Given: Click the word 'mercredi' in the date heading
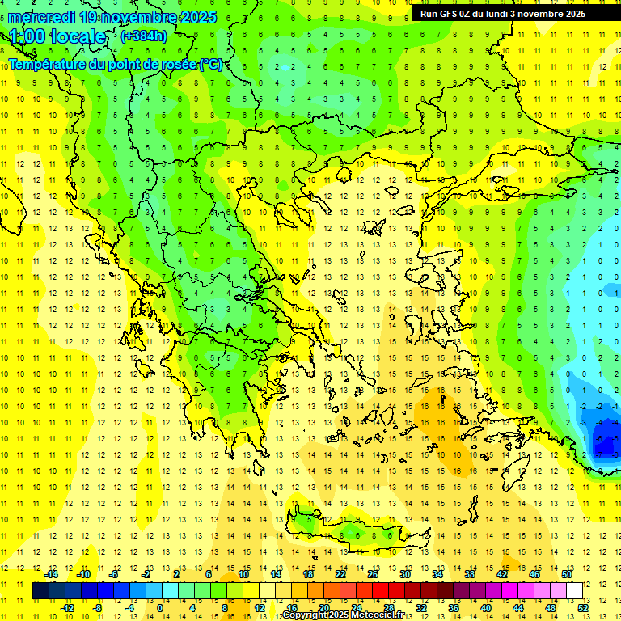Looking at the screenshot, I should tap(41, 17).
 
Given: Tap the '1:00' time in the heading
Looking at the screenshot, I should tap(27, 36).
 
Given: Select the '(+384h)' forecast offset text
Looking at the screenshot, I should tap(144, 36).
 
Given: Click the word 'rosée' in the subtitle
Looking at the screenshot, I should tap(177, 64).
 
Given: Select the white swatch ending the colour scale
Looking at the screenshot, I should tap(574, 590).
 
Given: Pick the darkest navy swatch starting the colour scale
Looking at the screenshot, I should tap(40, 590).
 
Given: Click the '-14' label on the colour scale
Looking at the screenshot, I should tap(51, 574).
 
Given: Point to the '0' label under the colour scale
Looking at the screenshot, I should tap(159, 607).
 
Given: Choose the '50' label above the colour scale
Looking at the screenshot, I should tap(567, 574).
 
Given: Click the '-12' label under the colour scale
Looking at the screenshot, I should tap(68, 607).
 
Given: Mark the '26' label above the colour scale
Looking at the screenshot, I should tap(373, 574).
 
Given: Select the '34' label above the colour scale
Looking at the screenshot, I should tap(437, 574).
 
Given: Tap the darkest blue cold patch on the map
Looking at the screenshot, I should tap(604, 443).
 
